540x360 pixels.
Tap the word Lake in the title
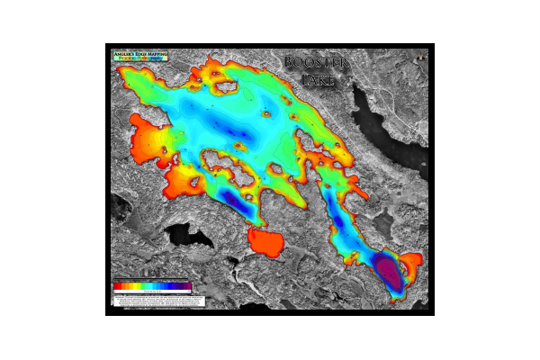[x=318, y=80]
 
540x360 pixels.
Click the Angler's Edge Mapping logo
[x=139, y=55]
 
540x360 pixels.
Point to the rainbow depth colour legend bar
[x=152, y=287]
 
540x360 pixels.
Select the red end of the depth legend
[x=117, y=287]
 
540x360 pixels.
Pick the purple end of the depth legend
[x=187, y=287]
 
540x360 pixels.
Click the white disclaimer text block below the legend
[x=152, y=301]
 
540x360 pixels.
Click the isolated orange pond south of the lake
[x=265, y=240]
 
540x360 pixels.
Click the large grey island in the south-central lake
[x=223, y=166]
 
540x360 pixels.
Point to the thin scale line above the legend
[x=151, y=280]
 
